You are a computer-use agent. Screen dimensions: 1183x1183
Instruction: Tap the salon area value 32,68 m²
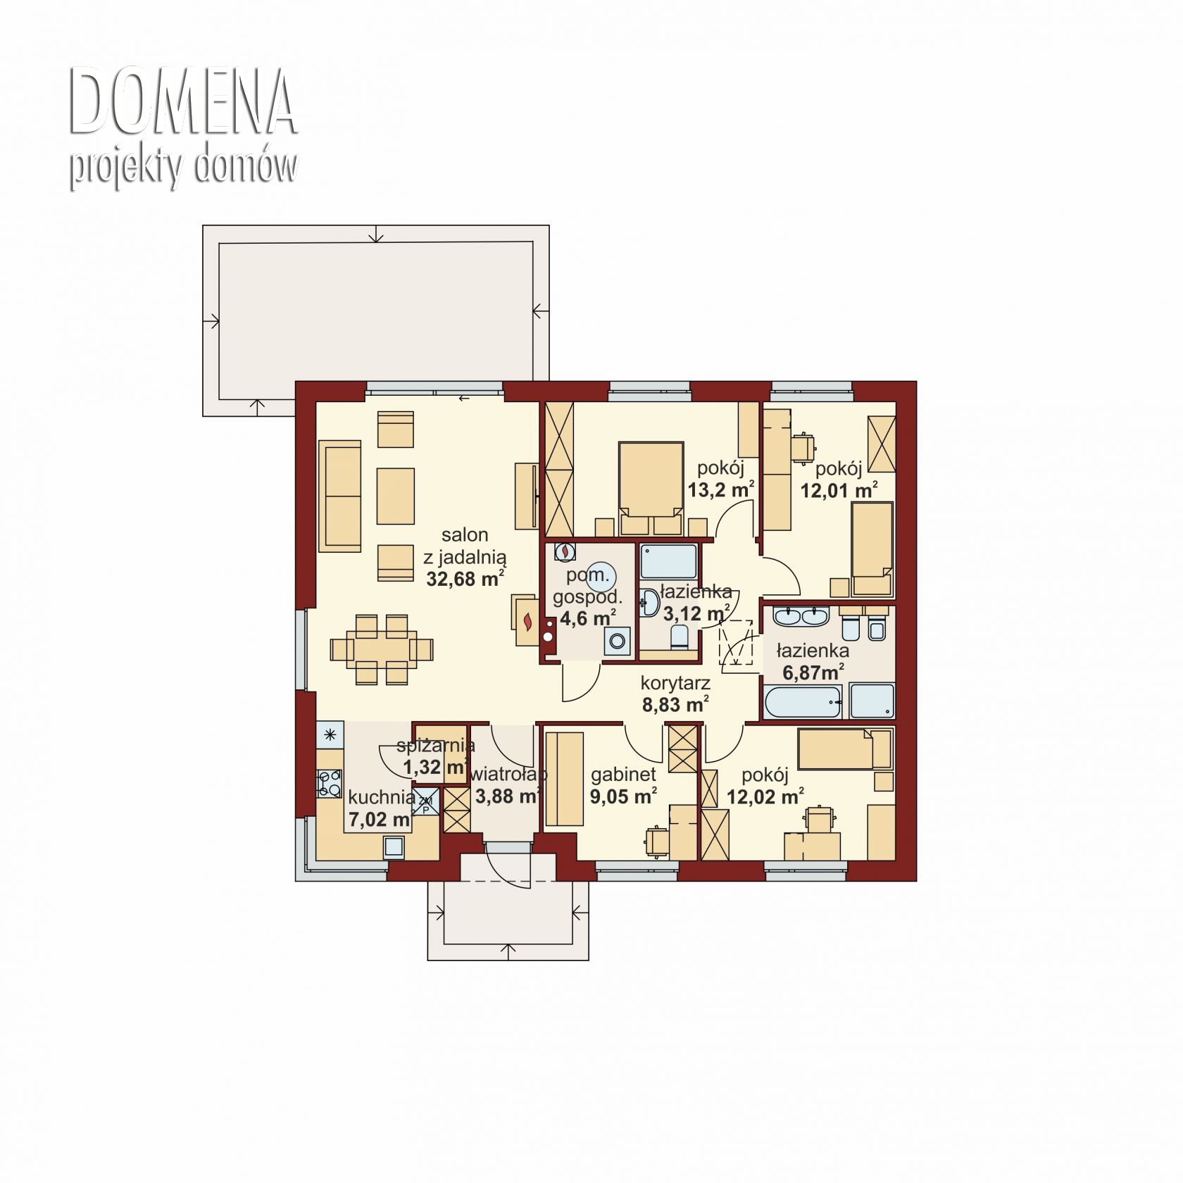(x=465, y=579)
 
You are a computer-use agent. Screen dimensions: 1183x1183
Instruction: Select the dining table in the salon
(x=381, y=649)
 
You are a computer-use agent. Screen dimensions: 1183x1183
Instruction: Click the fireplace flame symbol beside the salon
(x=527, y=621)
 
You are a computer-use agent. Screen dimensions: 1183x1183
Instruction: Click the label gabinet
(x=623, y=775)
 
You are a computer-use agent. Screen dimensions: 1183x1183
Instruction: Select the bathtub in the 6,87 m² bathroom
(x=803, y=701)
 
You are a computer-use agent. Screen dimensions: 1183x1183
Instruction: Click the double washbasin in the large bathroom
(x=800, y=616)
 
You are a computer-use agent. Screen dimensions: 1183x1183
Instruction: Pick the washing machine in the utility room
(x=617, y=641)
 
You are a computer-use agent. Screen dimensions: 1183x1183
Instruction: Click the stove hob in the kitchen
(x=329, y=784)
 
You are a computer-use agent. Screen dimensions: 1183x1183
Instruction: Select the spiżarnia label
(x=436, y=746)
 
